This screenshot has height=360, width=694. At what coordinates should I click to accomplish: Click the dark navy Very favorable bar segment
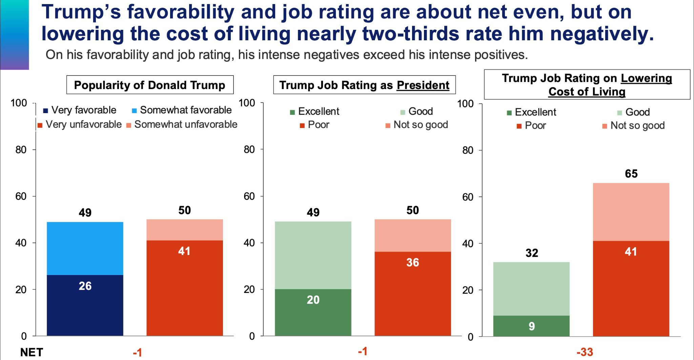point(85,305)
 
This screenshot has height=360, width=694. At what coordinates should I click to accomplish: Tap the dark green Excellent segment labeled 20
point(313,312)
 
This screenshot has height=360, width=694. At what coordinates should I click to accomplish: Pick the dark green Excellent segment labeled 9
point(531,326)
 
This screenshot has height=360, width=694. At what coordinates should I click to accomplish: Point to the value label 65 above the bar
point(631,174)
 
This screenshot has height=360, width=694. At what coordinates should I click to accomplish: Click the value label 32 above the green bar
point(531,253)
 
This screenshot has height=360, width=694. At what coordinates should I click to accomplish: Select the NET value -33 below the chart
point(585,352)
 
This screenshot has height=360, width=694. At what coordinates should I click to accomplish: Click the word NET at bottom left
point(32,352)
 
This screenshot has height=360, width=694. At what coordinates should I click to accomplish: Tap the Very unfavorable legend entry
point(80,125)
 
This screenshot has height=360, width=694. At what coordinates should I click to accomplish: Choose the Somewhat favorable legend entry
point(182,110)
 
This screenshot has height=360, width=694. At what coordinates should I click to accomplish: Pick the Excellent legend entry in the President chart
point(315,111)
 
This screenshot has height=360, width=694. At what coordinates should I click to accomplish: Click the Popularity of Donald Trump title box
point(149,85)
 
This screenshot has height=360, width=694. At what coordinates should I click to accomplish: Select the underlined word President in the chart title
point(423,85)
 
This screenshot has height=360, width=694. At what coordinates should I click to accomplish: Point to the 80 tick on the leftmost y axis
point(21,149)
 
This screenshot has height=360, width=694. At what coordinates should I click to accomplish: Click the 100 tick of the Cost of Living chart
point(465,104)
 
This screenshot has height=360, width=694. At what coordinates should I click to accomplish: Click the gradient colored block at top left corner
point(14,35)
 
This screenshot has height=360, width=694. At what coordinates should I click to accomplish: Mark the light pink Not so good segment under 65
point(631,212)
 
